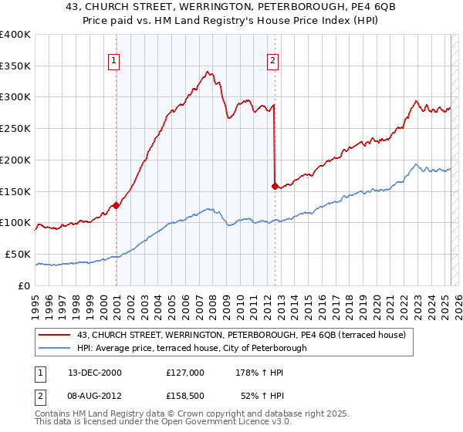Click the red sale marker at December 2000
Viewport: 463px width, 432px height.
tap(116, 205)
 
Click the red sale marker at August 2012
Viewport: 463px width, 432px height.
tap(275, 185)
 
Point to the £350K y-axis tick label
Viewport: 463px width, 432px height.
tap(15, 66)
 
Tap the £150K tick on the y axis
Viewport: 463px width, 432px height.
tap(15, 191)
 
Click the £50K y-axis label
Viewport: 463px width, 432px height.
tap(18, 254)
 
